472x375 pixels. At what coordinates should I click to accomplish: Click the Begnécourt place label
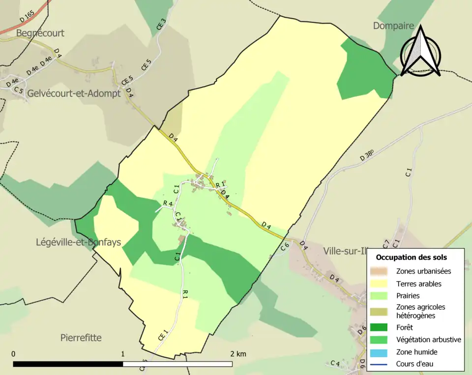(40, 33)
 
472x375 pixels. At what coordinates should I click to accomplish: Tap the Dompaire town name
(393, 26)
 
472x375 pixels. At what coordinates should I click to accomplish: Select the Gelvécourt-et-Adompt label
(74, 93)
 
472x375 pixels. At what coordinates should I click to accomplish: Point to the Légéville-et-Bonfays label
(78, 242)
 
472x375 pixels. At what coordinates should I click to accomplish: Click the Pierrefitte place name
(81, 338)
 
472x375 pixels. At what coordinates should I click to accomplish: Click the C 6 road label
(285, 247)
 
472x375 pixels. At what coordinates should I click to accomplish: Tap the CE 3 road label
(161, 25)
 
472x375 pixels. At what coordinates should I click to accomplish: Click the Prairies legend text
(408, 296)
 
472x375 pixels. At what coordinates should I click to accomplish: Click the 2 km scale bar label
(238, 354)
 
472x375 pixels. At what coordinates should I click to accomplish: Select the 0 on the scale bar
(13, 354)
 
